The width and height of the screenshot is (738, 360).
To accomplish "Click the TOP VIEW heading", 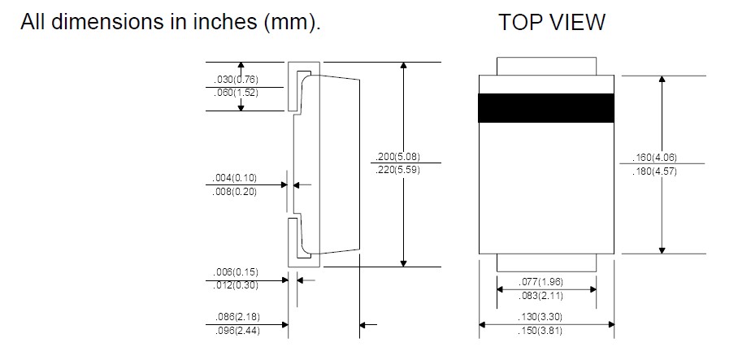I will [x=551, y=23].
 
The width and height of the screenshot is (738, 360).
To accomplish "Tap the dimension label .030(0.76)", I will [x=237, y=80].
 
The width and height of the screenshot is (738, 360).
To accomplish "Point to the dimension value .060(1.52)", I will [x=237, y=93].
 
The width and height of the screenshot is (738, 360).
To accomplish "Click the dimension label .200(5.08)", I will [x=397, y=157].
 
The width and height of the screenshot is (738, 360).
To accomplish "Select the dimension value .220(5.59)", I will [x=397, y=170].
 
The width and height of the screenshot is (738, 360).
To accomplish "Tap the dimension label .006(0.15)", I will [x=237, y=271].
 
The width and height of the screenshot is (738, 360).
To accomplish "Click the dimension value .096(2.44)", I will [x=237, y=331].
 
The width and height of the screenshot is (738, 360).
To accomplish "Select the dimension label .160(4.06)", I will [x=654, y=158].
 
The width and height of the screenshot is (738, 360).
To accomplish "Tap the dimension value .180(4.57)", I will [x=654, y=171].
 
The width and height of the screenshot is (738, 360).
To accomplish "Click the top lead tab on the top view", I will [x=545, y=66].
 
